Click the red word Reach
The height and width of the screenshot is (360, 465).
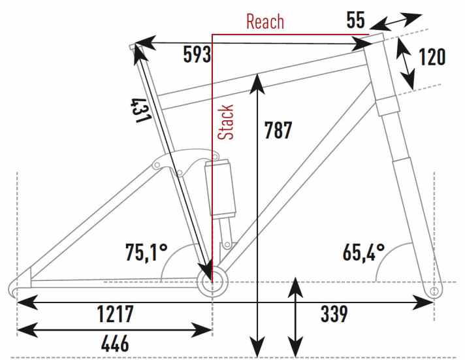coord(265,21)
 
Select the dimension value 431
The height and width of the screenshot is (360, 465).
coord(142,109)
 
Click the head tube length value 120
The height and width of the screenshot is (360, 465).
coord(432,57)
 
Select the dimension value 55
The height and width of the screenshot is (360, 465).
coord(355,20)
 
